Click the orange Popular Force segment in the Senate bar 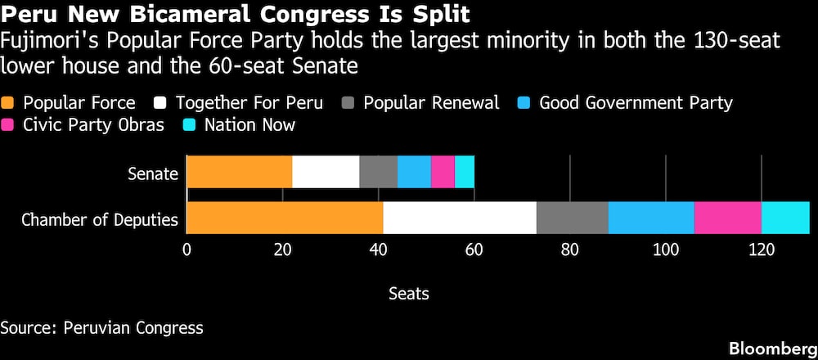pos(240,172)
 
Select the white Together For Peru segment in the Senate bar pos(326,172)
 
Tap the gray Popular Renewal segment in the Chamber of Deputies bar pos(573,218)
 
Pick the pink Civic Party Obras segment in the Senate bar pos(443,172)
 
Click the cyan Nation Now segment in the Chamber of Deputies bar pos(785,218)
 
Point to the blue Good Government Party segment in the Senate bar pos(414,172)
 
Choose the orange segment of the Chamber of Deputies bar pos(285,218)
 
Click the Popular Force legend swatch pos(9,103)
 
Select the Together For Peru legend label pos(249,103)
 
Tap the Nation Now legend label pos(249,125)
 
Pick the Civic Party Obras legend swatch pos(9,125)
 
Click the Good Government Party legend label pos(636,103)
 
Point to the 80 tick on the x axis pos(569,250)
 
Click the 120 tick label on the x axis pos(762,250)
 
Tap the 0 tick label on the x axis pos(187,250)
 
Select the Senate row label pos(153,173)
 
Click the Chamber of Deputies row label pos(100,219)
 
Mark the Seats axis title pos(409,294)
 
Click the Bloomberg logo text pos(773,349)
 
